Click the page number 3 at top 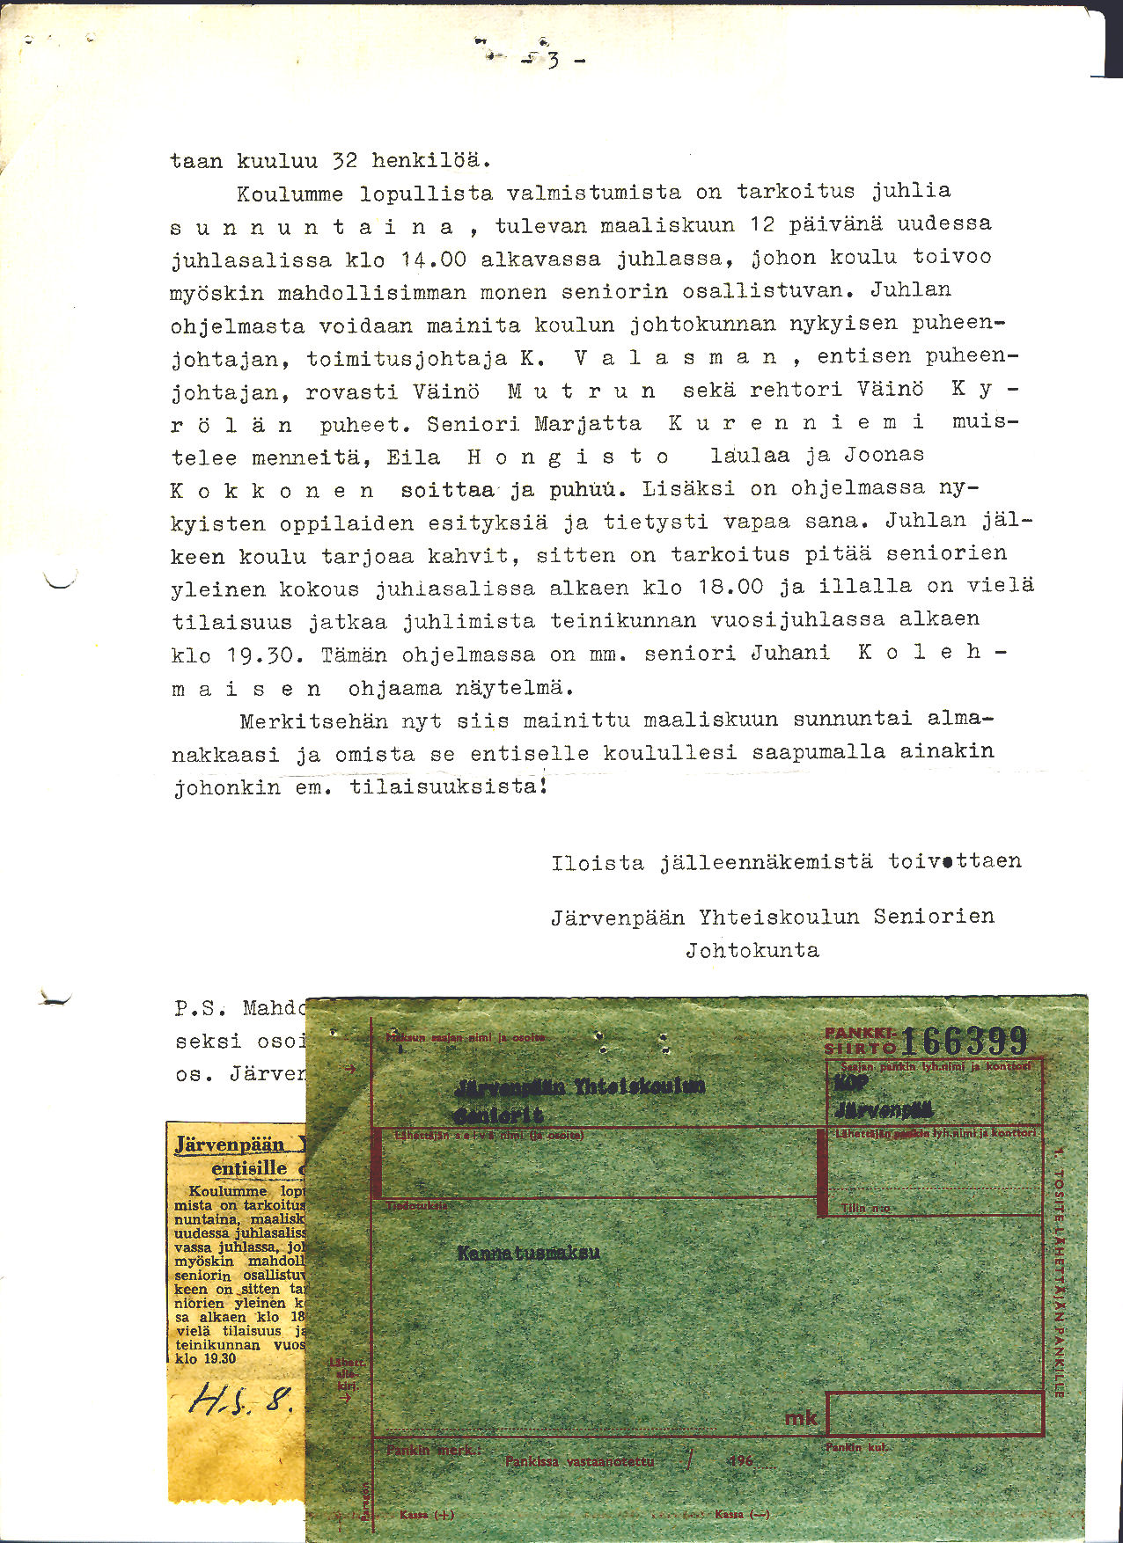coord(554,60)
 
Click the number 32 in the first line coord(344,161)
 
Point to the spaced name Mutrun coord(581,391)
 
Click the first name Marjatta coord(588,424)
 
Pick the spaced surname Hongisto coord(568,457)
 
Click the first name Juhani coord(789,653)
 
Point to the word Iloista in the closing coord(598,863)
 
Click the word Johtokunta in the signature coord(752,950)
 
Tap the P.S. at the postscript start coord(201,1008)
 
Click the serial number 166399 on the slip coord(965,1041)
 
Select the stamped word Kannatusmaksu coord(528,1252)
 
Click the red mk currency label coord(801,1417)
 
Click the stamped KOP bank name coord(850,1083)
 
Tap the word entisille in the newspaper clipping coord(249,1169)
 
